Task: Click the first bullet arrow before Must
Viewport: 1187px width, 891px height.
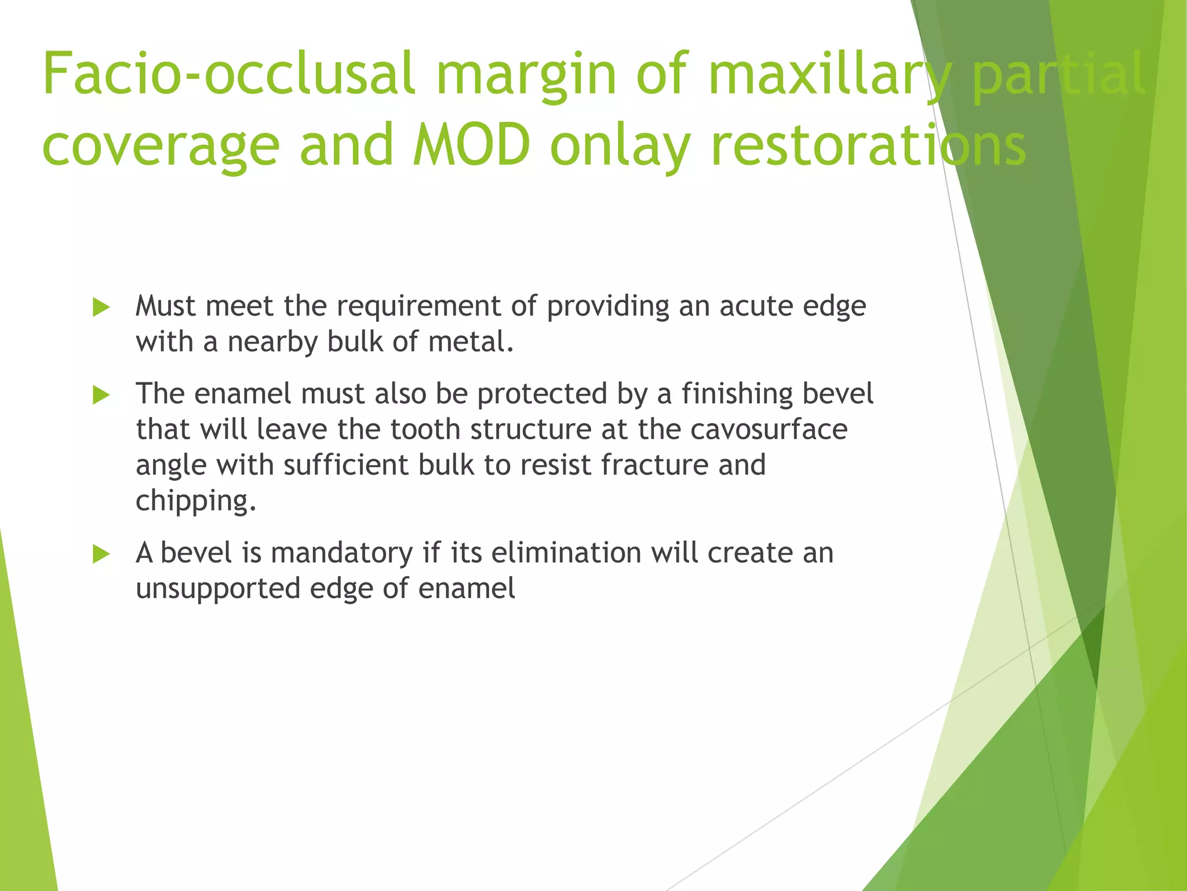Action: (x=101, y=307)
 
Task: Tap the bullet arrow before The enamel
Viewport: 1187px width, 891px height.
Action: (x=101, y=396)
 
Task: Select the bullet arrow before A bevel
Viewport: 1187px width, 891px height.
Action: (x=101, y=555)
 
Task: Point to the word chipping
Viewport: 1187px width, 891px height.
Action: (x=195, y=501)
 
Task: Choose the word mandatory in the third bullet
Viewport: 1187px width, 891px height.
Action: (x=341, y=553)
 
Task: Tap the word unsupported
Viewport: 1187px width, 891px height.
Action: (x=218, y=589)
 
